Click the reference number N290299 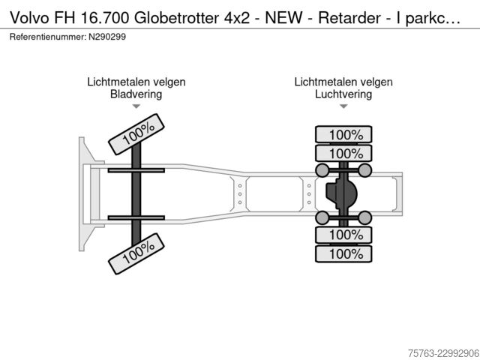pyautogui.click(x=107, y=37)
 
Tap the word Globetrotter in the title pyautogui.click(x=177, y=18)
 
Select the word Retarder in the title pyautogui.click(x=349, y=18)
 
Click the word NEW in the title pyautogui.click(x=283, y=18)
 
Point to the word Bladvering pyautogui.click(x=136, y=94)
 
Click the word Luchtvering pyautogui.click(x=343, y=94)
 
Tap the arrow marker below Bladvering pyautogui.click(x=136, y=106)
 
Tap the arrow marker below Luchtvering pyautogui.click(x=343, y=106)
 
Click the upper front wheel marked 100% pyautogui.click(x=136, y=134)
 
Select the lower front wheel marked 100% pyautogui.click(x=136, y=253)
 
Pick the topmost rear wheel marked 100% pyautogui.click(x=343, y=134)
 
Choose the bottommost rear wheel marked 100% pyautogui.click(x=343, y=253)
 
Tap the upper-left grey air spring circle pyautogui.click(x=322, y=170)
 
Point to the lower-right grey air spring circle pyautogui.click(x=365, y=217)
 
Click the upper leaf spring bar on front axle pyautogui.click(x=136, y=170)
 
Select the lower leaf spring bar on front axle pyautogui.click(x=136, y=218)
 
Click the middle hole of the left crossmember pyautogui.click(x=240, y=194)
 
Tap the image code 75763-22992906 pyautogui.click(x=443, y=353)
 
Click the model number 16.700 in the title pyautogui.click(x=104, y=18)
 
